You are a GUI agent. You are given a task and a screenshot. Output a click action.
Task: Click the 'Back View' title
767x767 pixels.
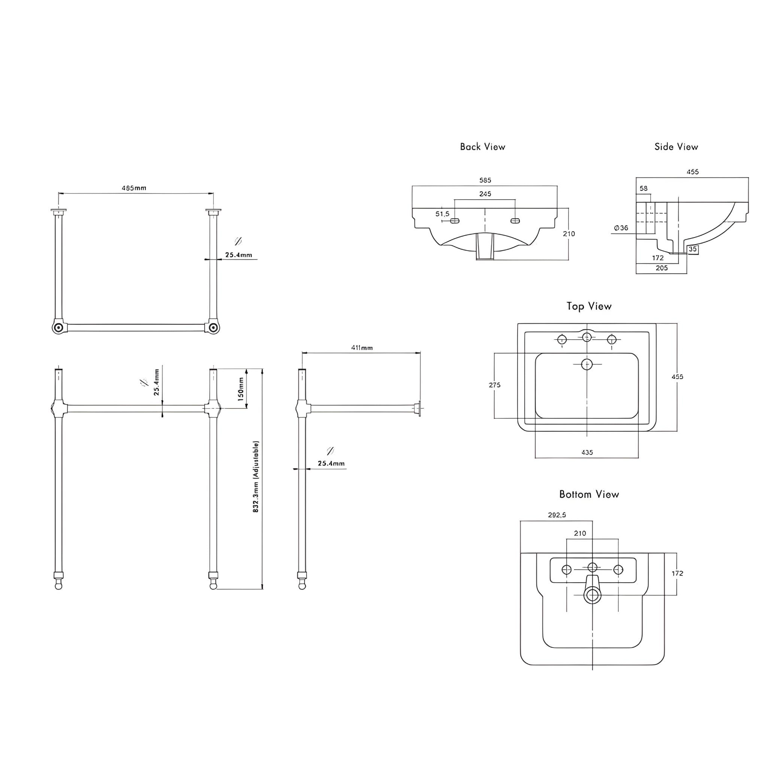coord(482,147)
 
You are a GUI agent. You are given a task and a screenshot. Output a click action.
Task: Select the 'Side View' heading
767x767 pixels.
coord(676,147)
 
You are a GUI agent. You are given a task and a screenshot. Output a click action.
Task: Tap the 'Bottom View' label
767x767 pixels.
coord(589,494)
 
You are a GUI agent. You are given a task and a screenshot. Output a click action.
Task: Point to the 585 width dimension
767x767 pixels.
coord(485,180)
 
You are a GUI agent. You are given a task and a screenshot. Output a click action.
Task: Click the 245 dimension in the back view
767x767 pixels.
coord(485,194)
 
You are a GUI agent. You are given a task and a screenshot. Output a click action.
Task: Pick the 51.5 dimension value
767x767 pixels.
coord(442,214)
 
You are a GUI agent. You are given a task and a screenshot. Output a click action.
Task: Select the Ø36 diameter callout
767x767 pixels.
coord(621,228)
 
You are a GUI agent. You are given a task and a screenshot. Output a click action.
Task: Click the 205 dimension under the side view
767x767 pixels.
coord(661,268)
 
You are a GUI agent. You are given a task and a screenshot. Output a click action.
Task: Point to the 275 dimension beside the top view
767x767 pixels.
coord(495,385)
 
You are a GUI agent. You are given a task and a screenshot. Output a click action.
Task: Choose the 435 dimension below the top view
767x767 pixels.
coord(587,452)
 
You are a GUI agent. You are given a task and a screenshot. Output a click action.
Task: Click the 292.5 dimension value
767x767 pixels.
coord(557,515)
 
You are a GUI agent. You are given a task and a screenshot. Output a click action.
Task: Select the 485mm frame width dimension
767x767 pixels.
coord(134,188)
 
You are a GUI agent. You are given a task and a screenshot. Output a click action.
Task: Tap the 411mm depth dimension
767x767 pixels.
coord(362,348)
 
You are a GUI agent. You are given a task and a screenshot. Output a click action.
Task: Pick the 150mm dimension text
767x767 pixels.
coord(240,389)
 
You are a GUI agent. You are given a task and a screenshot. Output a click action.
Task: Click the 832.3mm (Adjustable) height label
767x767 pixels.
coord(256,476)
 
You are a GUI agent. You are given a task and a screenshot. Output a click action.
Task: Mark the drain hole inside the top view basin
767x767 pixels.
coord(587,364)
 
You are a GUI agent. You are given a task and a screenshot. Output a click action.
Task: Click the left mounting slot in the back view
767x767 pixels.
coord(455,221)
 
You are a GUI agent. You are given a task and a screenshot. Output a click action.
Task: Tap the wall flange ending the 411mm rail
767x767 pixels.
coord(418,409)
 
